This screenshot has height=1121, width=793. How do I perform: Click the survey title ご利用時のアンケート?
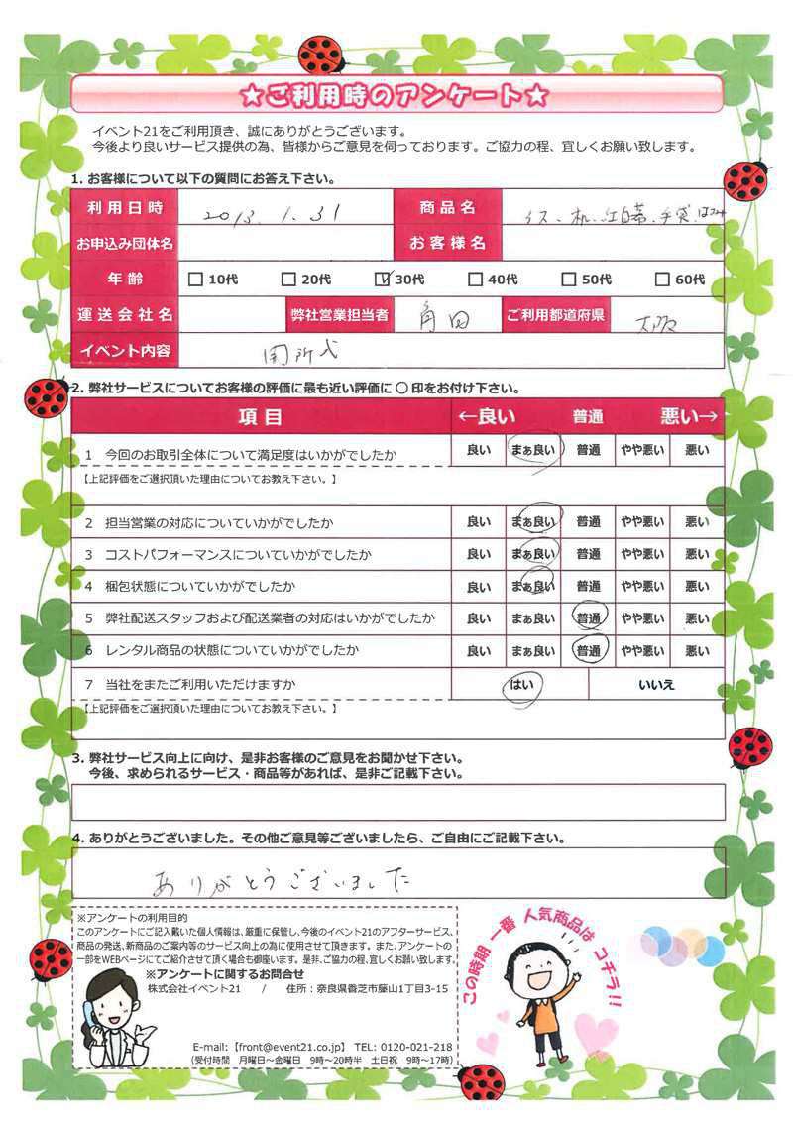tap(396, 96)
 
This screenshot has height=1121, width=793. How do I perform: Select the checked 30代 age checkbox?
tap(386, 280)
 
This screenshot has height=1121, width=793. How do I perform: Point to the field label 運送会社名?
tap(125, 315)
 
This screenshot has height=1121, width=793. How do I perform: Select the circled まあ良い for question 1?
tap(533, 451)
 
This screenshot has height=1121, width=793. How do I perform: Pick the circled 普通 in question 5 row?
tap(589, 618)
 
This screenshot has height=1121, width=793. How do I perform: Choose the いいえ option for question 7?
tap(656, 685)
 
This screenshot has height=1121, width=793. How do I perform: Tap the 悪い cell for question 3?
tap(697, 553)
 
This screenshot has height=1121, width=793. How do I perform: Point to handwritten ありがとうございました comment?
tap(282, 878)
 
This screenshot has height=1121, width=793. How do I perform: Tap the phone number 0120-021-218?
tap(417, 1047)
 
